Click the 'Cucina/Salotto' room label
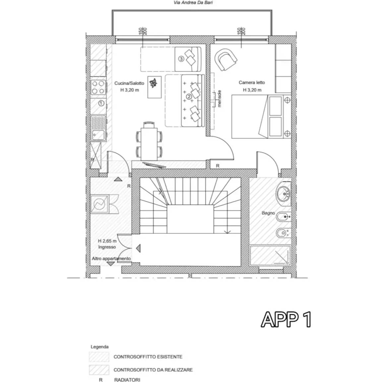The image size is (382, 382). pos(129,83)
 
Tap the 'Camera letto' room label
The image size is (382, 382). pos(252,82)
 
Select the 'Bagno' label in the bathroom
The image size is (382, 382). pos(268,213)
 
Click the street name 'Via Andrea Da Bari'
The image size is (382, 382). pos(193,3)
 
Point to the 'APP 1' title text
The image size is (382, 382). pos(286,320)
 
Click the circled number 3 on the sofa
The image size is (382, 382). pos(181,59)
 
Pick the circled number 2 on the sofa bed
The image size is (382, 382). pos(189,97)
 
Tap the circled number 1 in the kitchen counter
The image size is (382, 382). pos(101,103)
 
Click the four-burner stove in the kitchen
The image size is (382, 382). pos(98,87)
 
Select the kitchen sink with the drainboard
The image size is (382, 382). pos(98,128)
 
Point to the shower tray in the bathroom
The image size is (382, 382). pos(270,255)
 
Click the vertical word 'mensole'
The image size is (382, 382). pos(219,99)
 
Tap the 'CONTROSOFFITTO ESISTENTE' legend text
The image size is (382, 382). pos(148,357)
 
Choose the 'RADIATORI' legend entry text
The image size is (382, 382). pos(127,380)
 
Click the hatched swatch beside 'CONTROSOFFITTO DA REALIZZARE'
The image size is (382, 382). pos(99,370)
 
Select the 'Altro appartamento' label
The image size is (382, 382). pos(111,258)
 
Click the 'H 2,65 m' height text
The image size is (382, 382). pos(107,241)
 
